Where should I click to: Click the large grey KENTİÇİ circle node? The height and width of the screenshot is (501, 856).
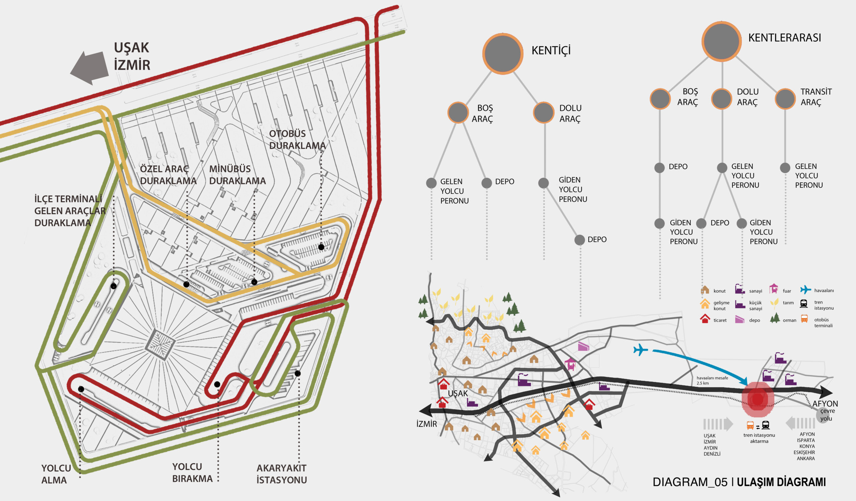[x=503, y=53]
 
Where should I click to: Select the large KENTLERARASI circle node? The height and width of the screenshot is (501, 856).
[x=722, y=41]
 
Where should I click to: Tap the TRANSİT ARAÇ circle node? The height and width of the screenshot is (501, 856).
[x=785, y=99]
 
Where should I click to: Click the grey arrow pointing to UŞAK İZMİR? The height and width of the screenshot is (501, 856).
[x=89, y=67]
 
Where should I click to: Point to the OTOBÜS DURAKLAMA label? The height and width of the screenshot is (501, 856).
[x=297, y=139]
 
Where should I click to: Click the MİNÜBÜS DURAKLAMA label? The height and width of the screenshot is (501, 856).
[x=237, y=175]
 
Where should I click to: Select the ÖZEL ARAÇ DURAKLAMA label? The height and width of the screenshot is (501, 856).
[x=168, y=175]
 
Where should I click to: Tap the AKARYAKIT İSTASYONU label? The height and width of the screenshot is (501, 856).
[x=282, y=474]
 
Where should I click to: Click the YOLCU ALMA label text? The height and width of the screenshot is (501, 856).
[x=56, y=474]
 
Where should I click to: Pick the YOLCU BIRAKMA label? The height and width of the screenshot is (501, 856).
[x=192, y=473]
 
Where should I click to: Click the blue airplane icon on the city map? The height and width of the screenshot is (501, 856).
[x=641, y=350]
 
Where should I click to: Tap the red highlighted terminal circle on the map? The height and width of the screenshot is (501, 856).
[x=757, y=399]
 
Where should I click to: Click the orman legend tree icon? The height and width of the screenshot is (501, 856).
[x=775, y=318]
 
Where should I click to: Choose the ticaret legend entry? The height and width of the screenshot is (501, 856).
[x=713, y=319]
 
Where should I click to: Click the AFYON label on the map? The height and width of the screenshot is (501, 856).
[x=825, y=404]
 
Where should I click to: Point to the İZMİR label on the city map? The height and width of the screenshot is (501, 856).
[x=427, y=424]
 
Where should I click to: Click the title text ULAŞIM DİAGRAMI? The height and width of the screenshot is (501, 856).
[x=781, y=482]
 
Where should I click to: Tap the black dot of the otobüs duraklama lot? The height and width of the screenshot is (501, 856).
[x=321, y=247]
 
